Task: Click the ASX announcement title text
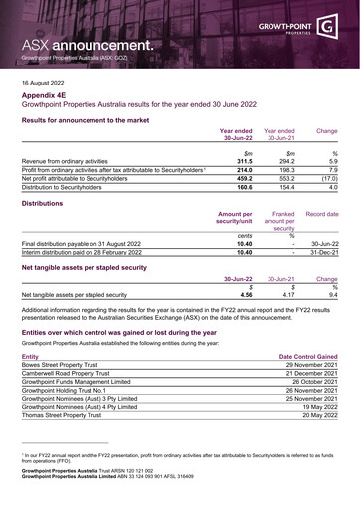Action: pyautogui.click(x=90, y=45)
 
